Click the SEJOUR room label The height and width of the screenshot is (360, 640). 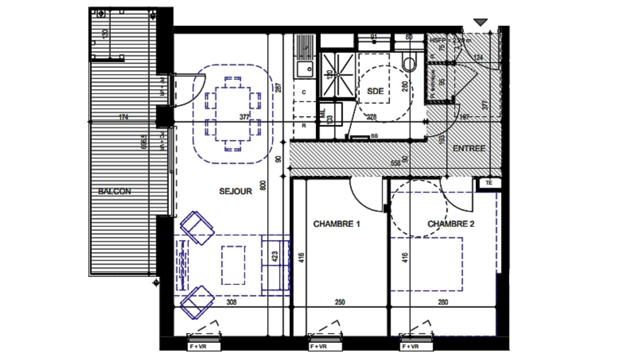[235, 191]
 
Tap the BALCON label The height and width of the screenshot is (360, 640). [114, 191]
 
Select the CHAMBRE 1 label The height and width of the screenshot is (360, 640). [336, 224]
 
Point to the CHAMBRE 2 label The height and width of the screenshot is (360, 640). [451, 224]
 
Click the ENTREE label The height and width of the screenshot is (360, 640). [469, 148]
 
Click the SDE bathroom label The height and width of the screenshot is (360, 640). [375, 91]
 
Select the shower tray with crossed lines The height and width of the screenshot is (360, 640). [338, 75]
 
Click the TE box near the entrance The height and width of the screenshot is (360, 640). [489, 183]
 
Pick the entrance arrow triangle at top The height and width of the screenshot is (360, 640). [480, 22]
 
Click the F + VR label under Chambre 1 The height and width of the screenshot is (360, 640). [318, 347]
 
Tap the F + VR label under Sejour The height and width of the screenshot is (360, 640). [198, 347]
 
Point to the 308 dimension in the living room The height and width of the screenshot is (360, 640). [231, 302]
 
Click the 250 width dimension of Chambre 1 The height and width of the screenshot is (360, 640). [340, 302]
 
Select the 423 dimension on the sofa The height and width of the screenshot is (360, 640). [275, 257]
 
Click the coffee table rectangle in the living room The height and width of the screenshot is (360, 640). [233, 265]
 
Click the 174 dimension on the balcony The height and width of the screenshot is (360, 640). [123, 117]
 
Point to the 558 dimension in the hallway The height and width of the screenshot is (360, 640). [395, 163]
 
